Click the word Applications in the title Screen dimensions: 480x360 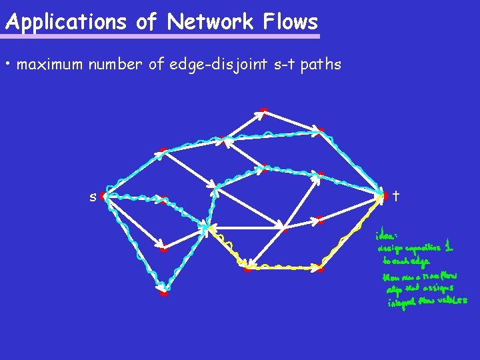pos(65,22)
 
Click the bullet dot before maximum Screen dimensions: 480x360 pos(7,65)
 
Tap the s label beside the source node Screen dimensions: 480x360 pos(93,197)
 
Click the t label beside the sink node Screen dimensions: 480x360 pos(396,196)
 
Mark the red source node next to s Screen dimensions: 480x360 pos(104,197)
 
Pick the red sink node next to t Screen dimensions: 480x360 pos(384,196)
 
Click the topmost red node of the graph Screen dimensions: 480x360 pos(264,111)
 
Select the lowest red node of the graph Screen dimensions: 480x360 pos(163,292)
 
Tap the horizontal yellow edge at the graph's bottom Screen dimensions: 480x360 pos(283,267)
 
